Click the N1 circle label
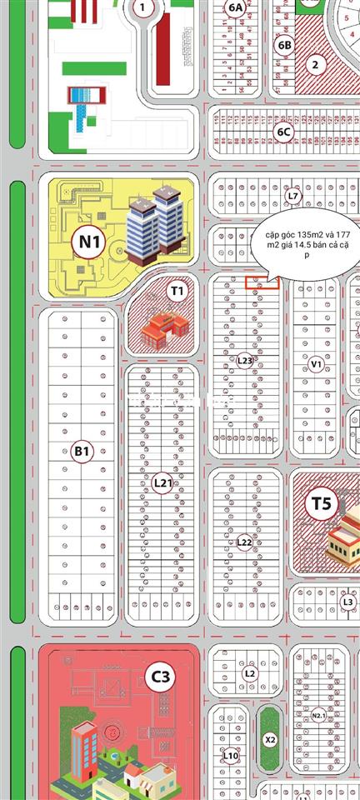(90, 242)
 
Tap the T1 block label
(176, 291)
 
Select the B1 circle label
(81, 451)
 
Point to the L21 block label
(162, 482)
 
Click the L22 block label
(244, 542)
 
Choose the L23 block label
(244, 361)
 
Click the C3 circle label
(160, 677)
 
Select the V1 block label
(316, 363)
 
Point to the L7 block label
(292, 196)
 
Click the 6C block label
(284, 131)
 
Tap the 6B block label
(285, 45)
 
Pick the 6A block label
(236, 7)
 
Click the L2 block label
(250, 672)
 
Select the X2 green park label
(269, 739)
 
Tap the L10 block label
(231, 755)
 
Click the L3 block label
(348, 602)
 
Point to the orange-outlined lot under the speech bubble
(262, 283)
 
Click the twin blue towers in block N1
(156, 221)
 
